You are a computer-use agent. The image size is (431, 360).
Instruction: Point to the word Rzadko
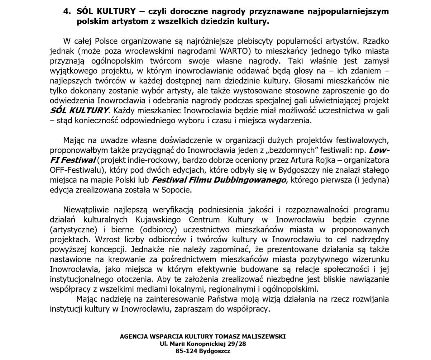click(376, 41)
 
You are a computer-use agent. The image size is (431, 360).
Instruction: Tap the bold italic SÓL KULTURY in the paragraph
click(79, 111)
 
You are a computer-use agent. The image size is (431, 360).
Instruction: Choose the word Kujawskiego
click(158, 220)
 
